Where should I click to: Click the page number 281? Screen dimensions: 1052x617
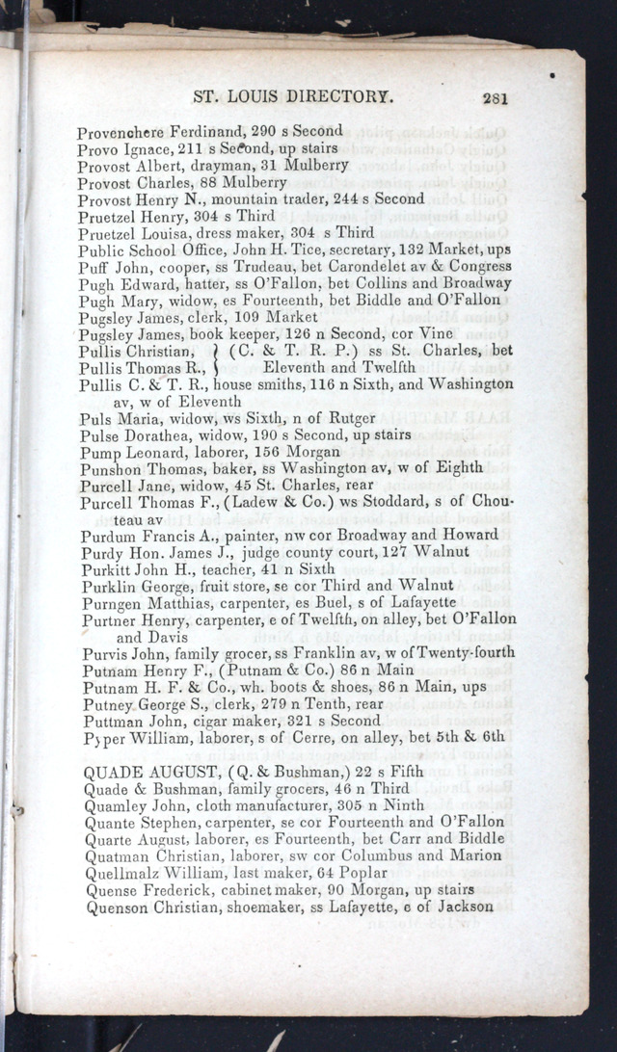coord(496,96)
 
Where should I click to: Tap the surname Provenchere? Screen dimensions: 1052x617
coord(122,131)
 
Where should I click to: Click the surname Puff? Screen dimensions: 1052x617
coord(93,266)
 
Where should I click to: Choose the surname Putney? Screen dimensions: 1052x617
coord(108,703)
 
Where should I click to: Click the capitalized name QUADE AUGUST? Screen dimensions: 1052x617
coord(154,772)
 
